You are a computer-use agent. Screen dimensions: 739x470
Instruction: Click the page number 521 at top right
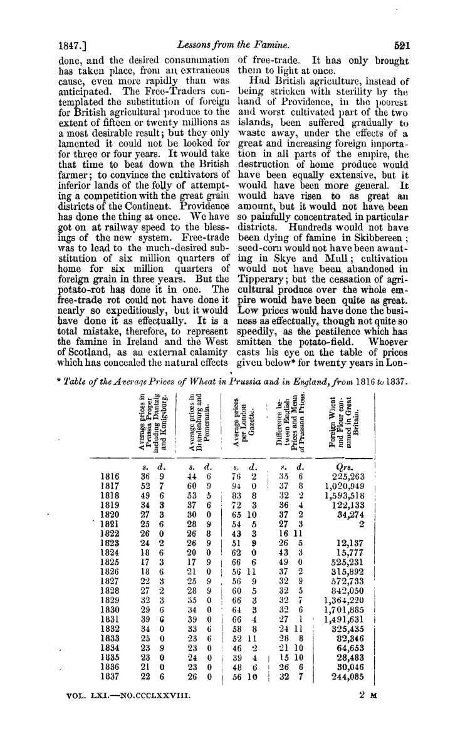pyautogui.click(x=402, y=46)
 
